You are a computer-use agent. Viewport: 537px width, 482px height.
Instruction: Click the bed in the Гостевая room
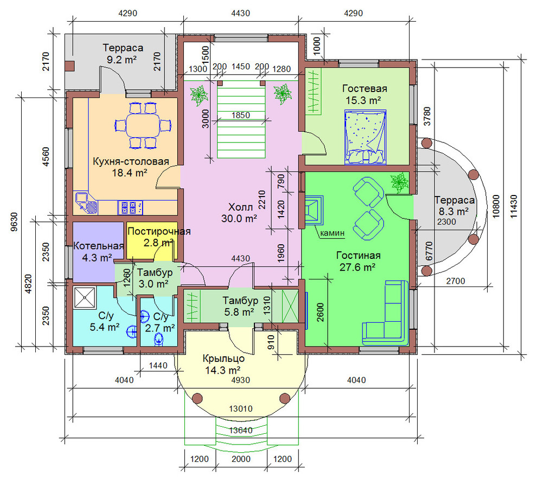[366, 137]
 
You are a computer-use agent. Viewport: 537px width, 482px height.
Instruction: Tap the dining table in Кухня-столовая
[143, 126]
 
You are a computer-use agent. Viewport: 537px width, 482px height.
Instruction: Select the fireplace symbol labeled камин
[314, 210]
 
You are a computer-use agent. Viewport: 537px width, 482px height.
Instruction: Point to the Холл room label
[240, 207]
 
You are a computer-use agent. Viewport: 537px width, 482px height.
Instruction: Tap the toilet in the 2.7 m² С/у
[158, 340]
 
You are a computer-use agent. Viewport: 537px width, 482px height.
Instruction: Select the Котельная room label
[99, 246]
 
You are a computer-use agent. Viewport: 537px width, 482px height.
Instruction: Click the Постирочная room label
[159, 231]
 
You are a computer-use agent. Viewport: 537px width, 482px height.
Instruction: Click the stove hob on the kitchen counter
[131, 207]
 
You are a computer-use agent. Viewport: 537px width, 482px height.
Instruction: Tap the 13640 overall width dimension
[241, 430]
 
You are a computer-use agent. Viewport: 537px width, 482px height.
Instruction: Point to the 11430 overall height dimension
[514, 206]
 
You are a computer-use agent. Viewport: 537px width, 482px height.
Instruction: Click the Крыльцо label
[223, 359]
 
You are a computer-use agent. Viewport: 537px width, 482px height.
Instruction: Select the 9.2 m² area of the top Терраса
[122, 60]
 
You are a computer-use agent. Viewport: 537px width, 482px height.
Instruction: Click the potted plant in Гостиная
[399, 182]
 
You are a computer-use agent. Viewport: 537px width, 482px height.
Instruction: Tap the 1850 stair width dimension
[241, 115]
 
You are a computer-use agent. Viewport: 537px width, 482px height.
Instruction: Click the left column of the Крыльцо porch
[197, 398]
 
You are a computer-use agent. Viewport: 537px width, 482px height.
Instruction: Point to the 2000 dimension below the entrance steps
[241, 459]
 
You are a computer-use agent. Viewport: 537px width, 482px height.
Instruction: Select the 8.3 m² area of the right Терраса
[453, 212]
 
